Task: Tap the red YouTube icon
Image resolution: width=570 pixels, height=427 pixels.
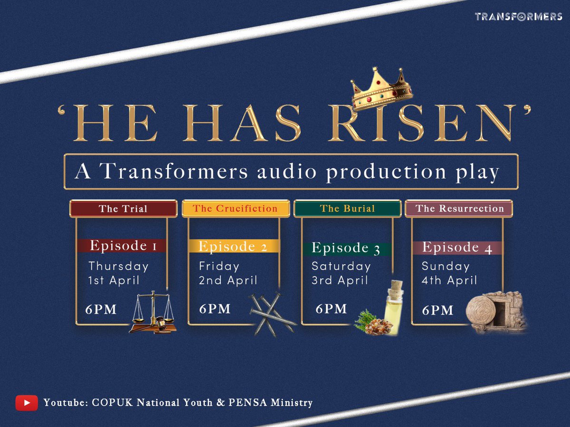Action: coord(26,403)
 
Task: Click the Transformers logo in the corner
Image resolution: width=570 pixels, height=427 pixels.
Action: coord(518,17)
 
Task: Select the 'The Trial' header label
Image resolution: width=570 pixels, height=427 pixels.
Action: coord(123,209)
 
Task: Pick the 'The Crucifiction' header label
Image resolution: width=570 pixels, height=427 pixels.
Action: coord(235,209)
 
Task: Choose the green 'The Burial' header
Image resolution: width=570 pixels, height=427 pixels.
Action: coord(347,209)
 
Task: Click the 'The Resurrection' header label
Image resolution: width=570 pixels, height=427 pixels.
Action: coord(459,209)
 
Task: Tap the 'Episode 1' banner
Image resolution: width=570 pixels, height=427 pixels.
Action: coord(121,246)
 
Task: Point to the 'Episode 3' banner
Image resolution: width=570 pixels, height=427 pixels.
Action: coord(346,248)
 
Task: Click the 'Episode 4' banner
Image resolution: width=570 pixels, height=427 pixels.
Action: coord(457,247)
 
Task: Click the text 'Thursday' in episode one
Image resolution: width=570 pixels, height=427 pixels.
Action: coord(118,266)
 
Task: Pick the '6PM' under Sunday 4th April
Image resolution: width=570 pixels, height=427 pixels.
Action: coord(437,310)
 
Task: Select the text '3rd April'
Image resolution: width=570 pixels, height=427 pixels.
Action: coord(339,280)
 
